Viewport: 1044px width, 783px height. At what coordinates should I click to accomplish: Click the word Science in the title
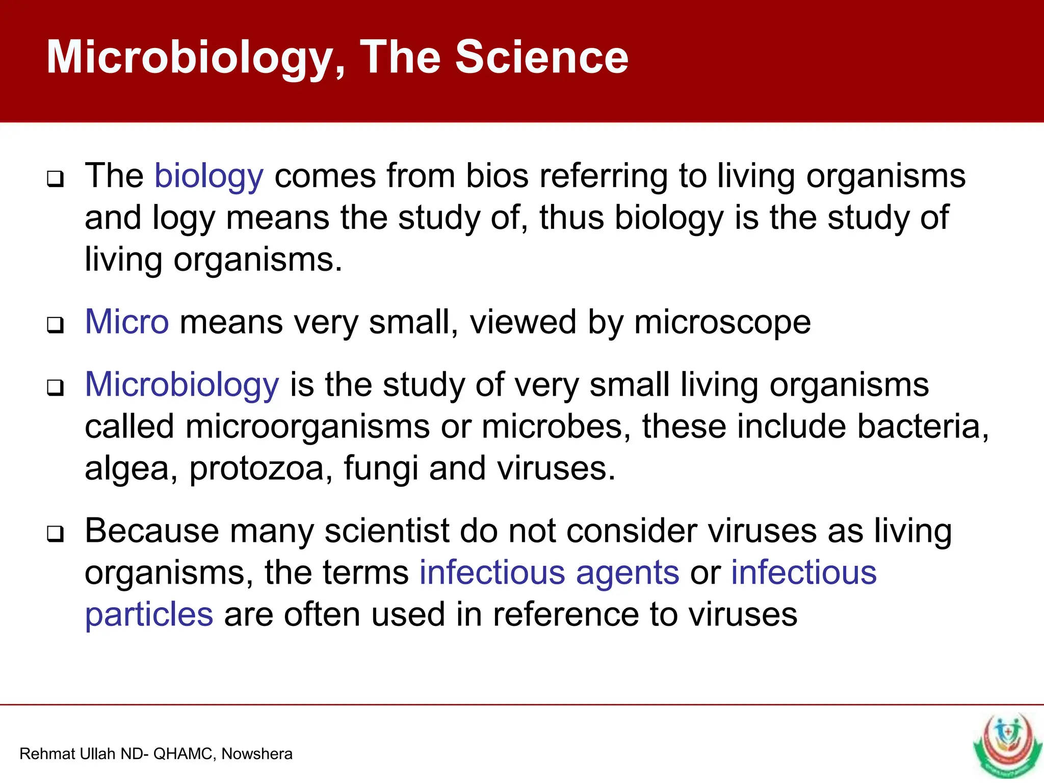coord(541,57)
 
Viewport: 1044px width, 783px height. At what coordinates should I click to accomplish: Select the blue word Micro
coord(126,322)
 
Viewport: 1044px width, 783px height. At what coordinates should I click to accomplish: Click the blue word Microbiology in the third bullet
coord(182,385)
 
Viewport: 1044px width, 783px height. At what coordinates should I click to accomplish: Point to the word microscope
coord(722,323)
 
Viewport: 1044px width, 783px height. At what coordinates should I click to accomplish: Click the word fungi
coord(380,469)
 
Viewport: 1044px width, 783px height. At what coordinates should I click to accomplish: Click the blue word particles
coord(149,615)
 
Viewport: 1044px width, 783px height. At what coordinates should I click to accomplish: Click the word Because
coord(151,531)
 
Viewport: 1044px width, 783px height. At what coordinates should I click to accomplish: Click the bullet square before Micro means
coord(56,325)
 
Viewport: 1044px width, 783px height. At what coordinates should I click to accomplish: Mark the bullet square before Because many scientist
coord(56,534)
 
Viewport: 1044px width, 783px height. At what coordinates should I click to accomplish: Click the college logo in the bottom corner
coord(1007,745)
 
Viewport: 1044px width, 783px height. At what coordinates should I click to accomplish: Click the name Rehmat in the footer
coord(42,754)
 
